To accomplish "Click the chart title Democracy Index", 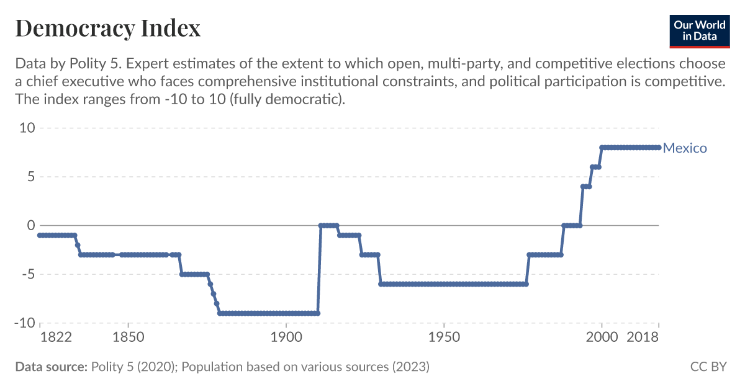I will (107, 28).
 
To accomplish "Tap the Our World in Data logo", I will (700, 30).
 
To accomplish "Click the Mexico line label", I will (685, 148).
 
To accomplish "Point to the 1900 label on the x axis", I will (286, 338).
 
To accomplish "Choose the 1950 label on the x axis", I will (444, 338).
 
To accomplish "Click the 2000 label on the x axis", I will (602, 338).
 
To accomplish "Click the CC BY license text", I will (708, 367).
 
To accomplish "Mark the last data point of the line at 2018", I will (659, 148).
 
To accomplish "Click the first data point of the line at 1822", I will (40, 235).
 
